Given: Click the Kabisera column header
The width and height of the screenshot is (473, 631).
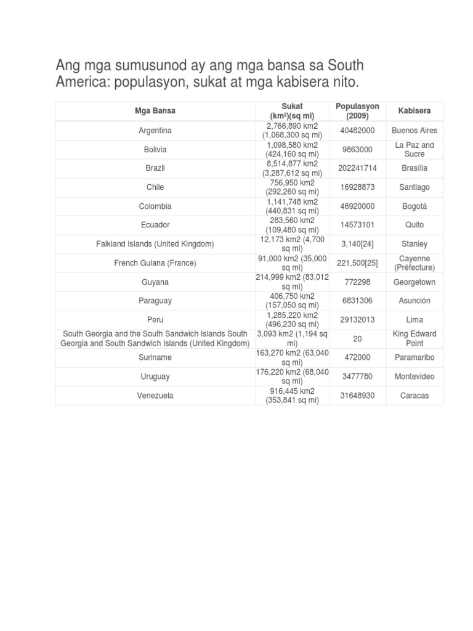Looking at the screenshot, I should (x=414, y=111).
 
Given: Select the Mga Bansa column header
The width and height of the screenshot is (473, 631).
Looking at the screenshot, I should (x=155, y=111).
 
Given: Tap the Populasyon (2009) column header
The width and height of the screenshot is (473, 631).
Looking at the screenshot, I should (x=357, y=111).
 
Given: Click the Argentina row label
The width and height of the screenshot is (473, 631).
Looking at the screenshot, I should (x=155, y=131).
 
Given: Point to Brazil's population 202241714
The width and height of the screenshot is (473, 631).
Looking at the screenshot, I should (x=357, y=168).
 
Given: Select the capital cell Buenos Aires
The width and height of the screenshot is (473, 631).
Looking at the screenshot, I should (x=414, y=131).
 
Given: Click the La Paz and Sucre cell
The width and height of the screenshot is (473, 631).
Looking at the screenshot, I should (x=414, y=149).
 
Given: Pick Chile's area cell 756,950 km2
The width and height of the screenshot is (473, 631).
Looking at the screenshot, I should (x=293, y=187).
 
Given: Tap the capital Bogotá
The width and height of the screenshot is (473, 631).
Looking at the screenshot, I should (x=414, y=206).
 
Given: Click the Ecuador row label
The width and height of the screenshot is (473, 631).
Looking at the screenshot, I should (x=155, y=225).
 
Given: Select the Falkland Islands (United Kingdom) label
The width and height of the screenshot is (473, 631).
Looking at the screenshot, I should (x=155, y=244).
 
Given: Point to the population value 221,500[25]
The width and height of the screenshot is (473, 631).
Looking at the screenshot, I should (x=357, y=263).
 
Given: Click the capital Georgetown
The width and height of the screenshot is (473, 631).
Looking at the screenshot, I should (x=414, y=282).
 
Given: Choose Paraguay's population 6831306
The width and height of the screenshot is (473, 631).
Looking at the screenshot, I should (x=357, y=301).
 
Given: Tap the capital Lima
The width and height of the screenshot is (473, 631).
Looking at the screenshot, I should (x=414, y=320).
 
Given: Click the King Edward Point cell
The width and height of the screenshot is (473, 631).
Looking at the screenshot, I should (x=414, y=338).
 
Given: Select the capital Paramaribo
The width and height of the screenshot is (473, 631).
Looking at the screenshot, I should (x=414, y=357).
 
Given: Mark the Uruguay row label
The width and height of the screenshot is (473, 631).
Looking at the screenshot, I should (x=155, y=377).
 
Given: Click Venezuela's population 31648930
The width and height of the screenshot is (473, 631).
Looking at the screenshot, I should (x=357, y=395).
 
